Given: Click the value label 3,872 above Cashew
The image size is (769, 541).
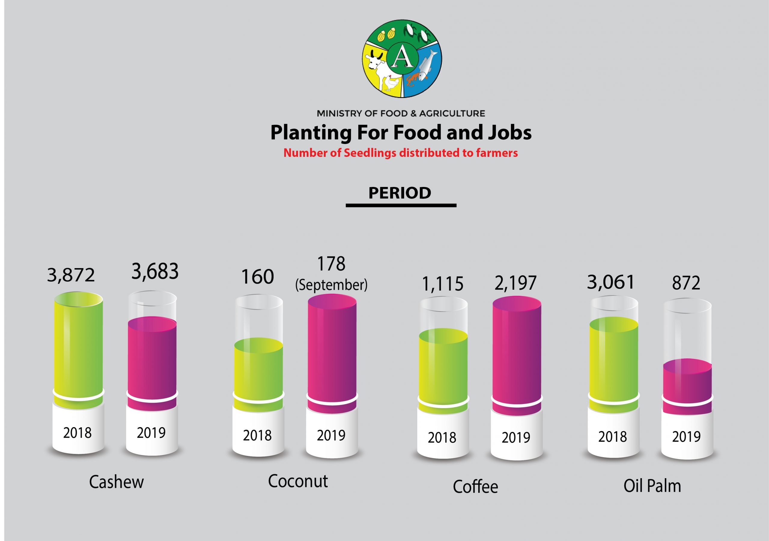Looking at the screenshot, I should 71,276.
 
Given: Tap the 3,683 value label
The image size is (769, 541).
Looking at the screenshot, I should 155,271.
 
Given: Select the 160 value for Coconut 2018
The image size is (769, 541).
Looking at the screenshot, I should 257,277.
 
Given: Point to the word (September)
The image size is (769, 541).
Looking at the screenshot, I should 331,285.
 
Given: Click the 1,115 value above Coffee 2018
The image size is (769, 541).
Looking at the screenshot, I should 442,284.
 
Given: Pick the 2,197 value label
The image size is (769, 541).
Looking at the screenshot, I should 515,283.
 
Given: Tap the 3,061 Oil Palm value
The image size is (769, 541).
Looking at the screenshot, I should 611,282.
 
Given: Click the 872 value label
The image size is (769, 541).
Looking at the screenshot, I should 686,283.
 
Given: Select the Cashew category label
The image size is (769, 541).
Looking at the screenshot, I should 116,482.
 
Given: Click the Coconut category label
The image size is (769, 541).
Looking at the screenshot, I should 298,481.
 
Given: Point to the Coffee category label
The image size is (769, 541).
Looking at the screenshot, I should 475,487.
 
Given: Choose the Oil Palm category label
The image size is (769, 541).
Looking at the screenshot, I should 652,486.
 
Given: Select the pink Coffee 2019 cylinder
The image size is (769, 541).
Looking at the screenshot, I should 517,352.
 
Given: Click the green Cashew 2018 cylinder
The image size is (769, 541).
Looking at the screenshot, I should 78,345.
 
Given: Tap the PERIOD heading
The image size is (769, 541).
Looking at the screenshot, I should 400,193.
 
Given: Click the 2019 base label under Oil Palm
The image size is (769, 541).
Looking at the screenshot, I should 686,437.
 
